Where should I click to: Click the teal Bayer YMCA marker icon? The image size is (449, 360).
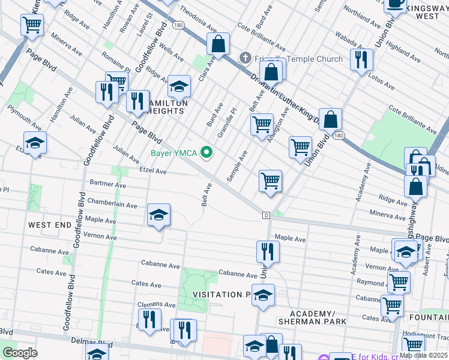click(208, 153)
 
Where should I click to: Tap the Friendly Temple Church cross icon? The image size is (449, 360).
click(245, 58)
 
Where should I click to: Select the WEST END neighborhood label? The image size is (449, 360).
click(49, 224)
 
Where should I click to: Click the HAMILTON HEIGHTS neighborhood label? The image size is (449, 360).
click(164, 107)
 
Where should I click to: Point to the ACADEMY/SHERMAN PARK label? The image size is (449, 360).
click(318, 317)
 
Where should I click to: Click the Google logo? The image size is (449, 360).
click(20, 353)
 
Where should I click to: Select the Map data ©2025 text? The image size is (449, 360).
click(423, 355)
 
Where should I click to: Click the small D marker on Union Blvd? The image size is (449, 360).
click(265, 214)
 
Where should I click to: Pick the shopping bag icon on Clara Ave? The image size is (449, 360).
click(218, 44)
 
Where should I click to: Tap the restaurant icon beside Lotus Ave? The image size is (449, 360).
click(361, 60)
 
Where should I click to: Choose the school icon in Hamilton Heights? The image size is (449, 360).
click(179, 87)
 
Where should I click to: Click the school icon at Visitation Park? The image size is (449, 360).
click(262, 295)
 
